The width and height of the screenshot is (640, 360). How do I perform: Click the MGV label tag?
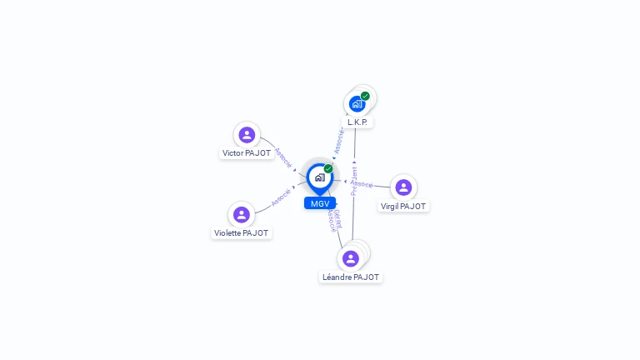click(320, 203)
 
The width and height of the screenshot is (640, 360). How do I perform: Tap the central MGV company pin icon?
click(319, 177)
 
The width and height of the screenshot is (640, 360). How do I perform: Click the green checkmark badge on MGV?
click(328, 168)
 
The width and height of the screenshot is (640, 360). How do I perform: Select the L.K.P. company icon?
click(357, 104)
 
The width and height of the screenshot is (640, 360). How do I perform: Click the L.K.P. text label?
click(357, 122)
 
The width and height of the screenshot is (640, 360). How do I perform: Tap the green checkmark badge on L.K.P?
click(365, 96)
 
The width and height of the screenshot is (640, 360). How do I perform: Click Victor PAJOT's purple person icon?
click(247, 134)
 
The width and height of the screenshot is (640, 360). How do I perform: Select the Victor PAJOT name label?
click(247, 153)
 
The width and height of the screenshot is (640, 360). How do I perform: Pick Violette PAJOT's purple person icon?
click(242, 214)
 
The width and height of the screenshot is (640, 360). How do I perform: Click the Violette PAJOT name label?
click(242, 233)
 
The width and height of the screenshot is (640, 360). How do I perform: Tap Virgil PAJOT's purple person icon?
click(403, 187)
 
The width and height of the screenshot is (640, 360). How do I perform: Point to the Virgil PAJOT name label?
click(403, 207)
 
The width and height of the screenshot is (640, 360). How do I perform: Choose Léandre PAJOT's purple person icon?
click(351, 258)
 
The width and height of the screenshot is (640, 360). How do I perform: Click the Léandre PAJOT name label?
click(351, 277)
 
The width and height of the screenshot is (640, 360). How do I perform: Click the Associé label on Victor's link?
click(283, 158)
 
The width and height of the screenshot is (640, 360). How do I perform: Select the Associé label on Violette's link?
click(281, 197)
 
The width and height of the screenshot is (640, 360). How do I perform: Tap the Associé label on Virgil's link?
click(362, 184)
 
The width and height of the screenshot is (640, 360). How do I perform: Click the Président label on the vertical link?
click(354, 181)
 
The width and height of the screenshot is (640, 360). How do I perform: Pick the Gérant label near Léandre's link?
click(337, 217)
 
